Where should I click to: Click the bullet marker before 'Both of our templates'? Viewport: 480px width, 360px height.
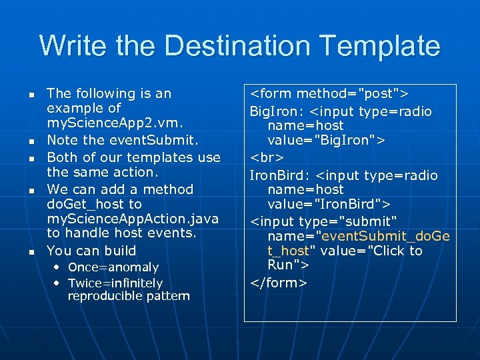click(x=31, y=158)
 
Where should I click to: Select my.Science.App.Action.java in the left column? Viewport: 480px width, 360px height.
click(x=133, y=219)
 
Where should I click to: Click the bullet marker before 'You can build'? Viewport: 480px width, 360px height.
click(x=31, y=252)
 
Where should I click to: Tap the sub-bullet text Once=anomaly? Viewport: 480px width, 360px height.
click(x=113, y=267)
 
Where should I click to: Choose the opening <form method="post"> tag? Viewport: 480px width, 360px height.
click(x=329, y=94)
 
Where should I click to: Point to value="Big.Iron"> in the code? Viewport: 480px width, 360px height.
click(x=323, y=140)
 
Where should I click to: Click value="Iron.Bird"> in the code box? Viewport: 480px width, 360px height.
click(x=324, y=203)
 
